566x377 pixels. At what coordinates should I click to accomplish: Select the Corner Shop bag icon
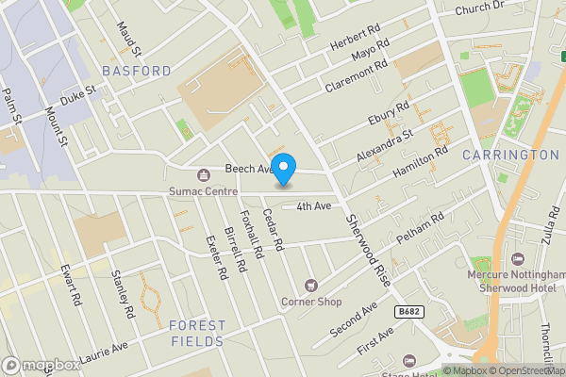point(310,285)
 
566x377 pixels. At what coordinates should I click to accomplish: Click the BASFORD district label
point(137,71)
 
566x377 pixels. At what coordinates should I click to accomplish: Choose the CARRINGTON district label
point(511,155)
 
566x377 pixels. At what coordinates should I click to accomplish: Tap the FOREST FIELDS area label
point(198,333)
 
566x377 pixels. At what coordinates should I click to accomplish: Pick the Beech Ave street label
point(247,169)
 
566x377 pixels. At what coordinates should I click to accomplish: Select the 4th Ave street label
point(313,206)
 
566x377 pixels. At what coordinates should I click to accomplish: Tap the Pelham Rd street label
point(424,231)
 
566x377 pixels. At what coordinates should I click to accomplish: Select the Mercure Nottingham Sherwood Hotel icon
point(517,258)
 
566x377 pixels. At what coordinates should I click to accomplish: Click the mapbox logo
point(42,365)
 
